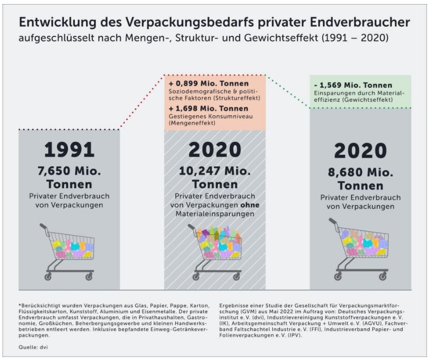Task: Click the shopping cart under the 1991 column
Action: (69, 251)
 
